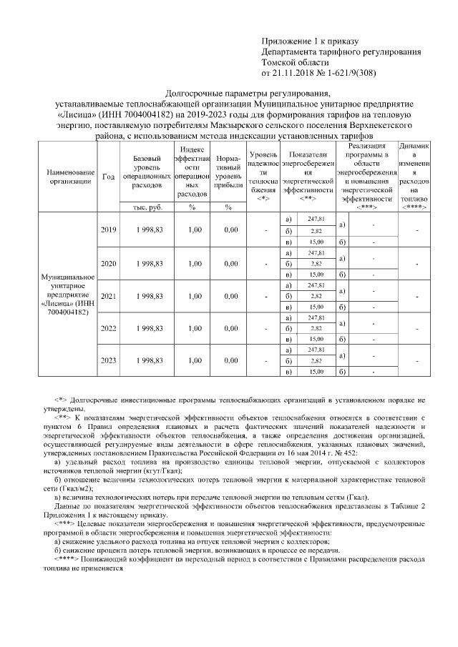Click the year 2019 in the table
tap(109, 229)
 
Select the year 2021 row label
tap(109, 295)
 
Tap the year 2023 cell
tap(109, 361)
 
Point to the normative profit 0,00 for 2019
tap(230, 229)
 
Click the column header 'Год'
tap(109, 177)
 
